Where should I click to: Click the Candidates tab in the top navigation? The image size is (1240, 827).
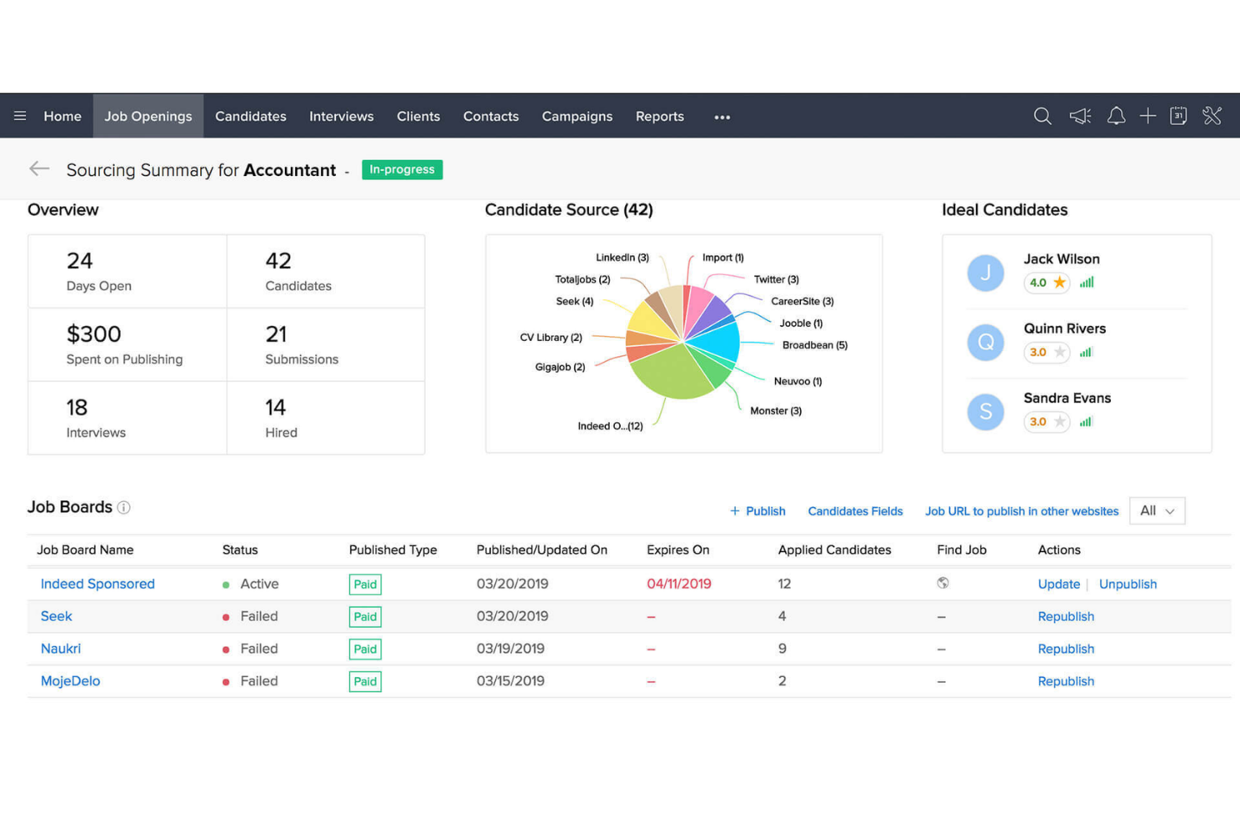click(x=251, y=116)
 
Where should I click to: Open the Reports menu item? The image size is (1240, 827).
click(x=659, y=116)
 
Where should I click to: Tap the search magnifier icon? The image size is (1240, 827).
click(x=1041, y=116)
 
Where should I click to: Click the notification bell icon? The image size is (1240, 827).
click(x=1115, y=116)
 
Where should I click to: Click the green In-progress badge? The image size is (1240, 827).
click(x=402, y=169)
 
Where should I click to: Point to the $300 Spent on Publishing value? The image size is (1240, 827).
click(x=94, y=334)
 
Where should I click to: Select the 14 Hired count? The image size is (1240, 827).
click(x=276, y=408)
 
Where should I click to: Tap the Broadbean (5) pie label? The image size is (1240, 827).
click(x=814, y=345)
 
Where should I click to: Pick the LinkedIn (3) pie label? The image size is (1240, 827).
click(x=622, y=257)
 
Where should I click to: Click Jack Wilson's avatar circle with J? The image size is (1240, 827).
click(x=985, y=273)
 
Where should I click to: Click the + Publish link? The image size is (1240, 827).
click(x=757, y=511)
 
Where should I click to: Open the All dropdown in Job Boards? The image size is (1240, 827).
click(x=1157, y=511)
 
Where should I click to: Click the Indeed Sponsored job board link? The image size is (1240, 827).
click(x=97, y=584)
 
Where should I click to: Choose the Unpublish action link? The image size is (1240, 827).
click(x=1127, y=584)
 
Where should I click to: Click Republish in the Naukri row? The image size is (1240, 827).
click(x=1066, y=649)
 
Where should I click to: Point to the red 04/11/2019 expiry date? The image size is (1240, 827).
click(x=679, y=584)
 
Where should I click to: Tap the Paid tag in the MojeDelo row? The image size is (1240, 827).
click(x=365, y=681)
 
